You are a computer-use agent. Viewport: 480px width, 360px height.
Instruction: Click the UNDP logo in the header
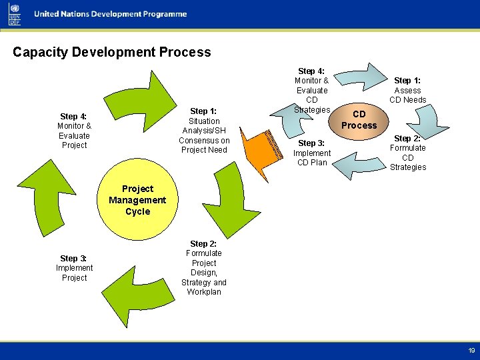pyautogui.click(x=15, y=14)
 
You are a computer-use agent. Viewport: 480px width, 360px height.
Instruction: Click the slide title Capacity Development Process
pyautogui.click(x=111, y=52)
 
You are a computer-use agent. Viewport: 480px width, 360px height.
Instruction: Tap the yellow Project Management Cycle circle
pyautogui.click(x=137, y=201)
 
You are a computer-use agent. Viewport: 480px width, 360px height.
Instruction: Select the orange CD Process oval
pyautogui.click(x=359, y=120)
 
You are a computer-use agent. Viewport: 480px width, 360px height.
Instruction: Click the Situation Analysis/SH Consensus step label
pyautogui.click(x=204, y=130)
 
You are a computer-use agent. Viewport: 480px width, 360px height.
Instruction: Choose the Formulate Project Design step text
pyautogui.click(x=204, y=267)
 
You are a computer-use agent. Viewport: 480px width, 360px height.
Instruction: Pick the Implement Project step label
pyautogui.click(x=74, y=268)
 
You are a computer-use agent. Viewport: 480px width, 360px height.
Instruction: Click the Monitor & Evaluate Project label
pyautogui.click(x=74, y=131)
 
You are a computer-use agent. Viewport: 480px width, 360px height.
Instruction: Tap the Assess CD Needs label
pyautogui.click(x=407, y=90)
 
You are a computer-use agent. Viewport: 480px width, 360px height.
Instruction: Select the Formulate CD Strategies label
pyautogui.click(x=407, y=153)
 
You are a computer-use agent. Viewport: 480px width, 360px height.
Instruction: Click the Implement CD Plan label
pyautogui.click(x=312, y=153)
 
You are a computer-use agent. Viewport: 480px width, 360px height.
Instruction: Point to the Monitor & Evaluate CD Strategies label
pyautogui.click(x=312, y=90)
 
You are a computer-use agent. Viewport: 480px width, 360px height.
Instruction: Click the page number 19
pyautogui.click(x=471, y=351)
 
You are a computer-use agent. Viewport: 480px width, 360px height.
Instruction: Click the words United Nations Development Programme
pyautogui.click(x=110, y=15)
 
